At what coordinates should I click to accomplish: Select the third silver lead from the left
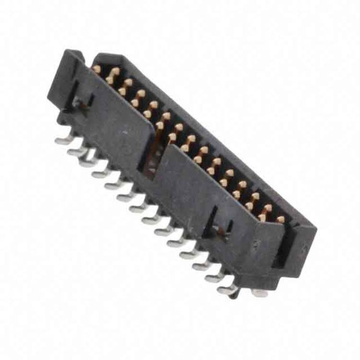tap(88, 162)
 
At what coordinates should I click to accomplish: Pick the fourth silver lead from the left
tap(100, 174)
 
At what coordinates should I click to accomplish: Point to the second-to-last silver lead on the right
tap(214, 277)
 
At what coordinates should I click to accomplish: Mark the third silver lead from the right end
tap(201, 265)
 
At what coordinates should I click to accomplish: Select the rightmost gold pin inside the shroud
tap(280, 219)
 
